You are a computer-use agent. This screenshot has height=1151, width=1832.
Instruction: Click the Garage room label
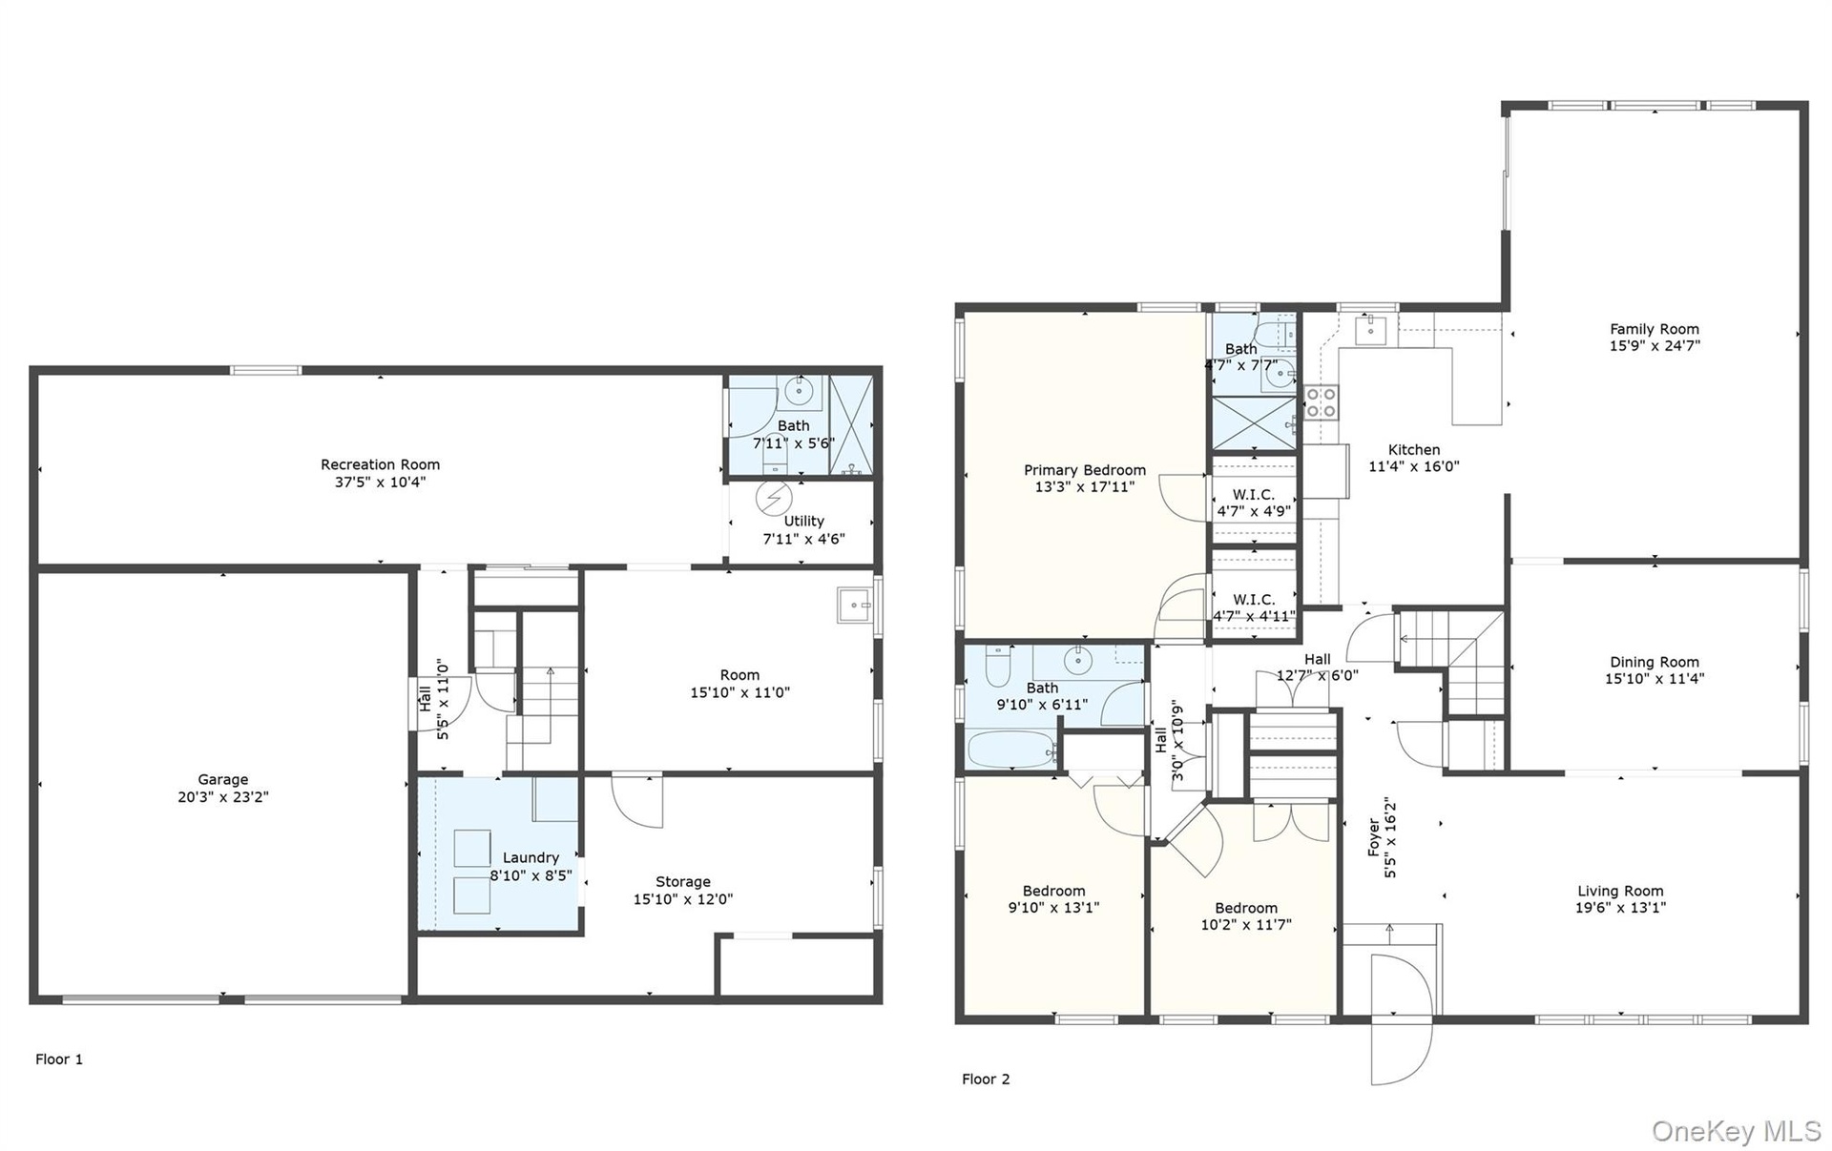coord(222,779)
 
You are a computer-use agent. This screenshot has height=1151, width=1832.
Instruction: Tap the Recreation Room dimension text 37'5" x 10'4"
coord(380,483)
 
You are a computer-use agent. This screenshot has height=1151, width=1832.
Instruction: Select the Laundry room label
coord(531,858)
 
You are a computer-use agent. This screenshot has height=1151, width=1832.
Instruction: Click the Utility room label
coord(803,522)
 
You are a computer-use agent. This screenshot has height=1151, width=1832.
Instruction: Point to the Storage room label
coord(682,882)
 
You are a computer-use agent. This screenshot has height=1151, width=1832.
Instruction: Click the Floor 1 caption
coord(59,1059)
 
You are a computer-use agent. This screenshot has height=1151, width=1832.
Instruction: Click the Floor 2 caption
coord(986,1079)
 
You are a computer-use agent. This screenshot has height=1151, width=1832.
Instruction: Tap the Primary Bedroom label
coord(1085,470)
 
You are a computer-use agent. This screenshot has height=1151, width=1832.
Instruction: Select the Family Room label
coord(1655,329)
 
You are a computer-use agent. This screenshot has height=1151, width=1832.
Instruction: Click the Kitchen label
coord(1414,450)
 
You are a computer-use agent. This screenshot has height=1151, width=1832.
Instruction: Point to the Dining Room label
coord(1655,662)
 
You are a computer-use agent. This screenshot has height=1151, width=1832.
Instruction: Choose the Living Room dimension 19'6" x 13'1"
coord(1620,908)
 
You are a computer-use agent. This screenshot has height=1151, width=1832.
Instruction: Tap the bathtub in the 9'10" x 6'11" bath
coord(1012,750)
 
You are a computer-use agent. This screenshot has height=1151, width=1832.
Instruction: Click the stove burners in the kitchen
coord(1321,401)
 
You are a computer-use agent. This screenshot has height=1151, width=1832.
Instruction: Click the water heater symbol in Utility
coord(774,498)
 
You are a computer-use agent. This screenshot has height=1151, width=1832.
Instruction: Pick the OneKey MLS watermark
coord(1737,1131)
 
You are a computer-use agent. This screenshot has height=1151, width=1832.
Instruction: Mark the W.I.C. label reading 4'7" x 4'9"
coord(1254,503)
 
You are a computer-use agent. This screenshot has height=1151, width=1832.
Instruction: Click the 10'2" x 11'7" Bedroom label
coord(1246,916)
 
